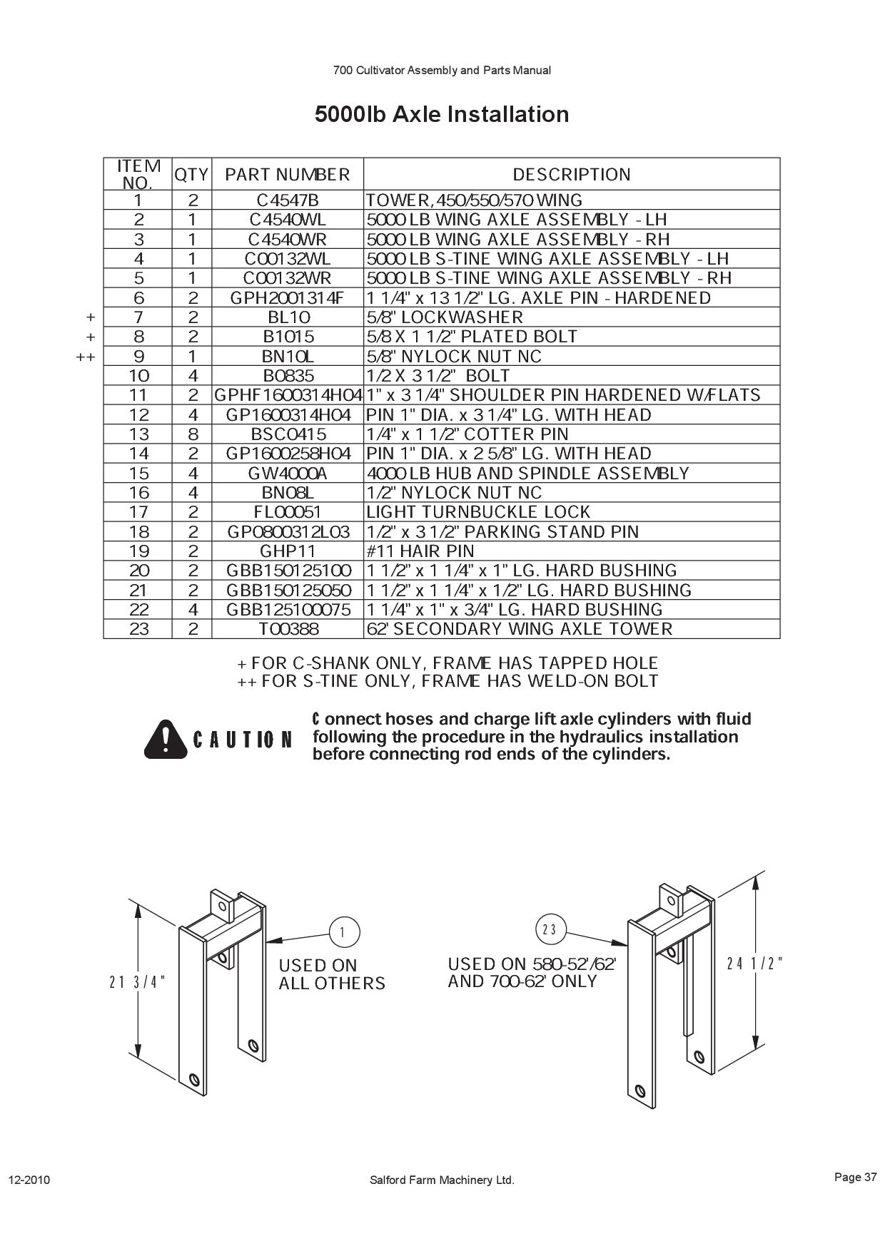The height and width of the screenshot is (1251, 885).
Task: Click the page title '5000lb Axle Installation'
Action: pyautogui.click(x=442, y=114)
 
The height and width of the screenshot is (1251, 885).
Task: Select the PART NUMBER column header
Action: pyautogui.click(x=288, y=175)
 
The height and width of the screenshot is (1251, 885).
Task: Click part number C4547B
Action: pyautogui.click(x=288, y=200)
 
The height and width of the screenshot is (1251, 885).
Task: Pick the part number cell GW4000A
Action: pyautogui.click(x=288, y=474)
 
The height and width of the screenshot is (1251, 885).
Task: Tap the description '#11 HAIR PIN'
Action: pyautogui.click(x=420, y=551)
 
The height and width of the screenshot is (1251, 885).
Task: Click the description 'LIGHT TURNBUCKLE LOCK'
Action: pyautogui.click(x=478, y=512)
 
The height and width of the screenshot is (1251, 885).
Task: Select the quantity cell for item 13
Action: pyautogui.click(x=192, y=434)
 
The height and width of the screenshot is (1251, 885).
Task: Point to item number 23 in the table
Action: pyautogui.click(x=138, y=629)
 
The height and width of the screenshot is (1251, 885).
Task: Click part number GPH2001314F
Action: pyautogui.click(x=288, y=298)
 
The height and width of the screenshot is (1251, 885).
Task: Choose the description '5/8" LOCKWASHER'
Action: pyautogui.click(x=444, y=317)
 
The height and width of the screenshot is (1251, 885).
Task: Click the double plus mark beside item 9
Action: pyautogui.click(x=86, y=357)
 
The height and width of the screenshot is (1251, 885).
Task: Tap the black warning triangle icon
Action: pyautogui.click(x=165, y=738)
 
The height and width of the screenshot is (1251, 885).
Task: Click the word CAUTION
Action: pyautogui.click(x=243, y=740)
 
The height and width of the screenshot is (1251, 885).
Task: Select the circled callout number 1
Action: pyautogui.click(x=345, y=931)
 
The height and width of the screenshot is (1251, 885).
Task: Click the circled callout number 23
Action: pyautogui.click(x=550, y=929)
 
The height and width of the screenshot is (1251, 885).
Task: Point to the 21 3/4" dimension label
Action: pyautogui.click(x=137, y=981)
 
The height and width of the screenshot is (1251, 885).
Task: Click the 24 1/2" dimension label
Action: pyautogui.click(x=754, y=964)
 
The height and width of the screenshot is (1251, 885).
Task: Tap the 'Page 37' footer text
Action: pyautogui.click(x=855, y=1177)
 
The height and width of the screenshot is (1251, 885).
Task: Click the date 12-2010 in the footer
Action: pyautogui.click(x=29, y=1180)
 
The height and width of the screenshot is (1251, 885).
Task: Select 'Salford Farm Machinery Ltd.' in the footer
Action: pyautogui.click(x=442, y=1180)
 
